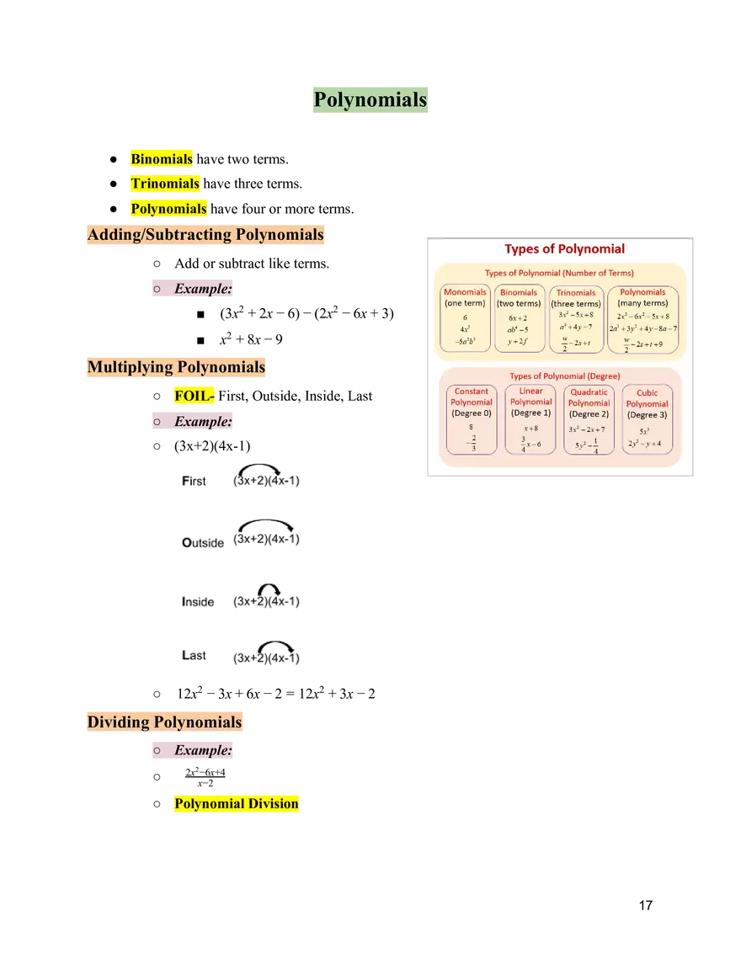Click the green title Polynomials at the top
coord(370,99)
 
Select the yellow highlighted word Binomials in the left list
coord(162,158)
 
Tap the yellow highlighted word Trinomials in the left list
coord(165,184)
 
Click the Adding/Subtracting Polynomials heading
coord(205,235)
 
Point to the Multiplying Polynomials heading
coord(175,367)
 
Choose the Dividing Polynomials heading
coord(164,722)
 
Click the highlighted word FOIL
coord(192,396)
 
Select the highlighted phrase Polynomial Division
coord(236,803)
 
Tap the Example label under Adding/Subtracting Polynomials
coord(202,289)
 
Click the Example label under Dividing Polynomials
coord(202,749)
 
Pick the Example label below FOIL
coord(202,421)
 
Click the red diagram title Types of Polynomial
coord(564,248)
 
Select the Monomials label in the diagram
coord(465,292)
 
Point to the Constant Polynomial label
coord(472,397)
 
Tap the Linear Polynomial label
coord(530,397)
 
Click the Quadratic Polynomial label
coord(589,397)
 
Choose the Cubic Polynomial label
coord(647,398)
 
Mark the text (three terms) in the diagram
coord(576,304)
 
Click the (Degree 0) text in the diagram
coord(472,413)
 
